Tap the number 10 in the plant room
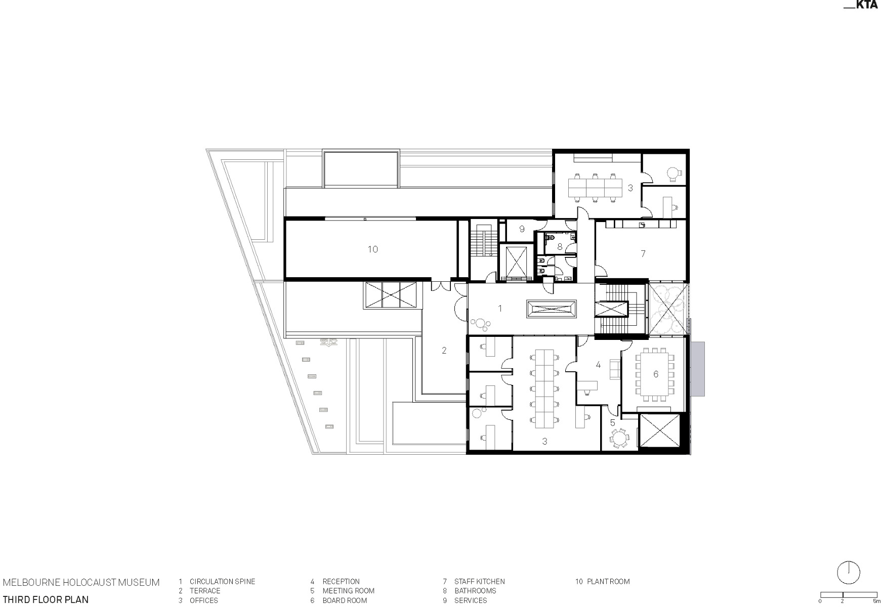pyautogui.click(x=373, y=249)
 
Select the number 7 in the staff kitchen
pyautogui.click(x=643, y=253)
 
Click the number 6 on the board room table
pyautogui.click(x=656, y=374)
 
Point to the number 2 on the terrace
pyautogui.click(x=444, y=350)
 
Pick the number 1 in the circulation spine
pyautogui.click(x=500, y=308)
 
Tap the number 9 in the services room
pyautogui.click(x=522, y=229)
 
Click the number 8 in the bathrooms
pyautogui.click(x=560, y=247)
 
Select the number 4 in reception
pyautogui.click(x=598, y=364)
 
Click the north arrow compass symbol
pyautogui.click(x=849, y=572)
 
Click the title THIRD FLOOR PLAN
pyautogui.click(x=46, y=600)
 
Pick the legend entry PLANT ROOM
pyautogui.click(x=608, y=582)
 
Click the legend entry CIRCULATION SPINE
pyautogui.click(x=222, y=582)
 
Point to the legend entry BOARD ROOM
pyautogui.click(x=345, y=600)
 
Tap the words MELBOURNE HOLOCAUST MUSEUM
pyautogui.click(x=81, y=582)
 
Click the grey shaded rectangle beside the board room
pyautogui.click(x=697, y=369)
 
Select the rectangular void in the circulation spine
pyautogui.click(x=551, y=309)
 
